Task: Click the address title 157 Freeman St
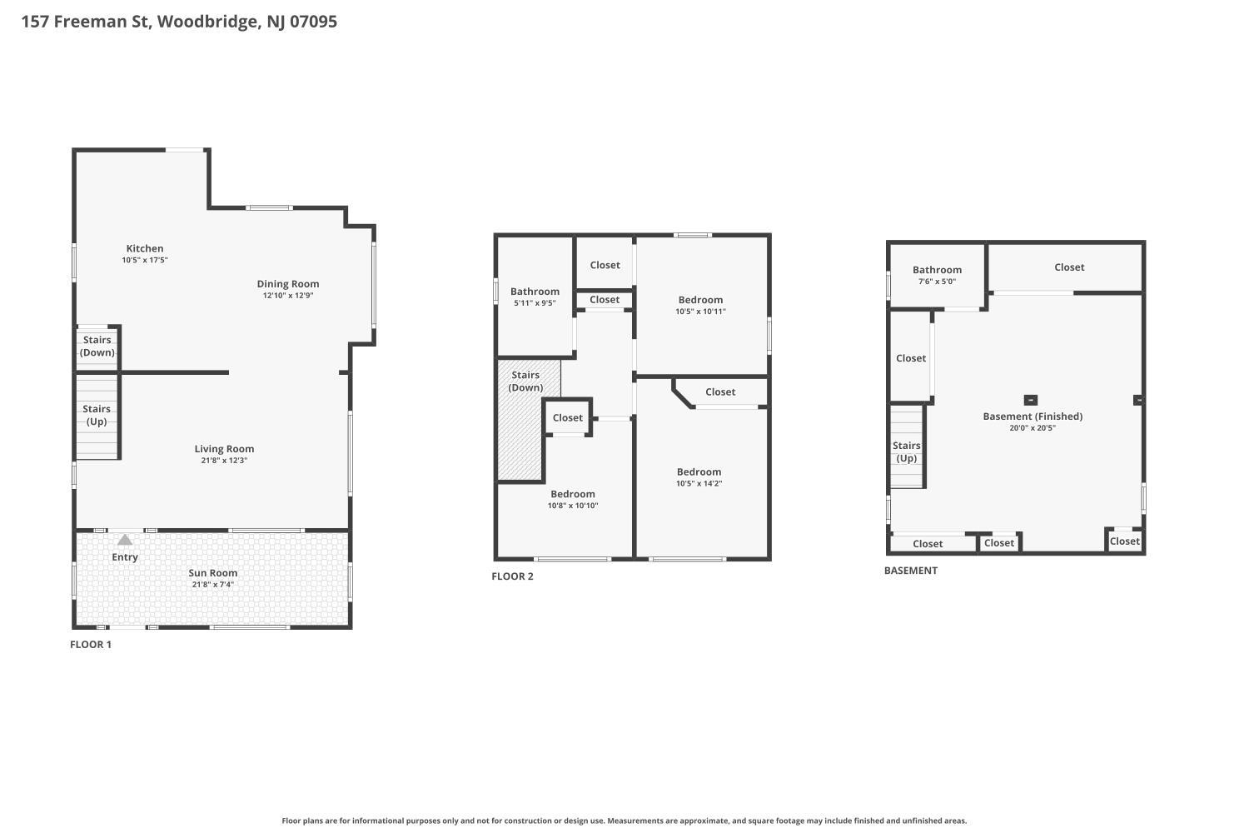[x=179, y=22]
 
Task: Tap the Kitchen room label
[x=145, y=248]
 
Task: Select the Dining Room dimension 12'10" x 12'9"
[x=288, y=296]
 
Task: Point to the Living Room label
[x=224, y=449]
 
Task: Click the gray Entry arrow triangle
[x=125, y=540]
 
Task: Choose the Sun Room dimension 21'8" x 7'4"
[x=213, y=585]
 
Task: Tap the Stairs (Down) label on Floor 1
[x=97, y=347]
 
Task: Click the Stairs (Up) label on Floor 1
[x=97, y=415]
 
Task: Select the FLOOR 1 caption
[x=91, y=645]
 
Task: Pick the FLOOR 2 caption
[x=512, y=576]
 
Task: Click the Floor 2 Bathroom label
[x=535, y=292]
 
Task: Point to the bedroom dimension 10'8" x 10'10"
[x=573, y=506]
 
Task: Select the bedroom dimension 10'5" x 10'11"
[x=700, y=312]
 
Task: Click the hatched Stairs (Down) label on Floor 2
[x=525, y=382]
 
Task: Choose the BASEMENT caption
[x=911, y=571]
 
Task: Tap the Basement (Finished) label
[x=1033, y=416]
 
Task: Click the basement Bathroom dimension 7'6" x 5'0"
[x=937, y=282]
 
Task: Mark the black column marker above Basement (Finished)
[x=1030, y=400]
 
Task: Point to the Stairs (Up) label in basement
[x=906, y=451]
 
